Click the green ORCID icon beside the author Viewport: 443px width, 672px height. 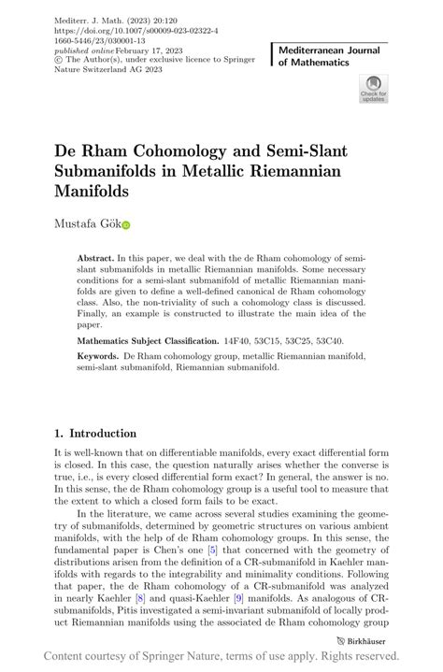[x=125, y=225]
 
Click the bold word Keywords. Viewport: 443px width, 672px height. [x=97, y=356]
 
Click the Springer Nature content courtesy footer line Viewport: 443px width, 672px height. [x=221, y=656]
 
